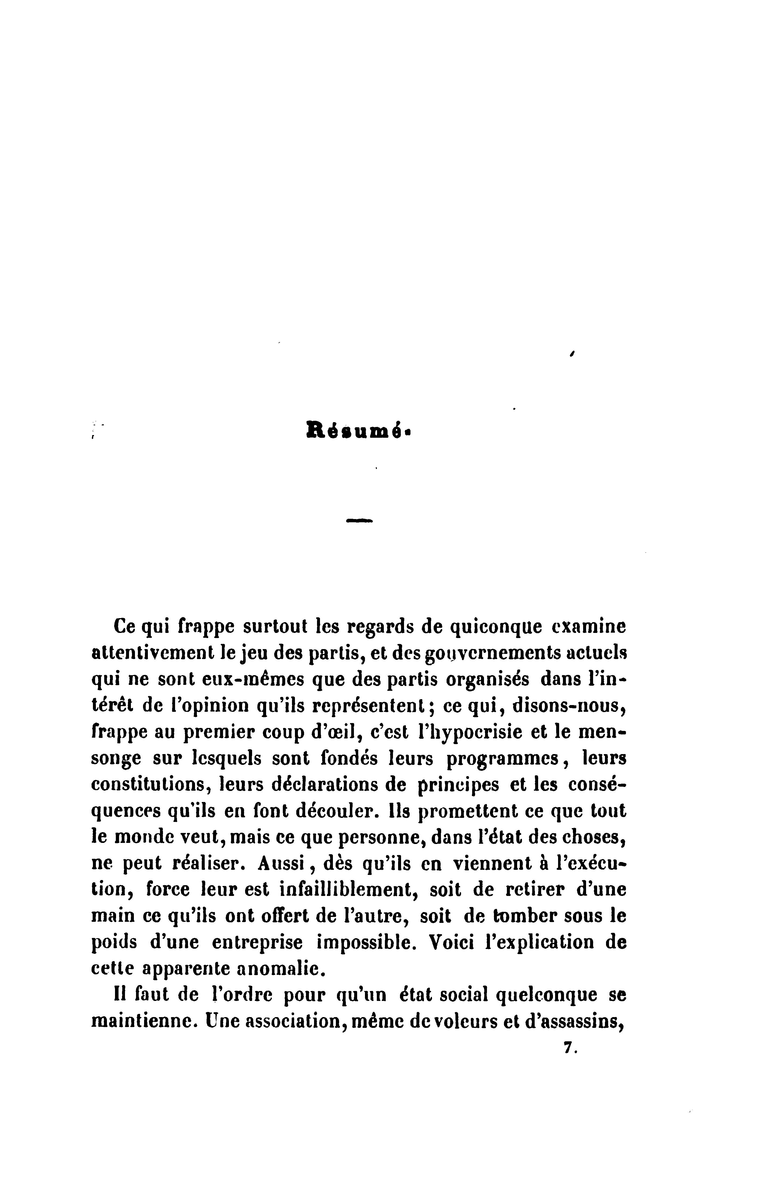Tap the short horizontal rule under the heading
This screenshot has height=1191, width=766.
[x=359, y=521]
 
